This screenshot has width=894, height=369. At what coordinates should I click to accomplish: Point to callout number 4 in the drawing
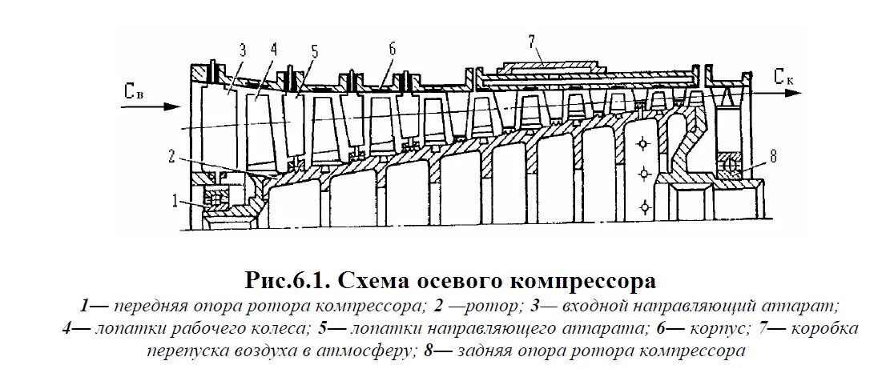click(274, 48)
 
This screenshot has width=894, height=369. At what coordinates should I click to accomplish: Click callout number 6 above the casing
click(392, 47)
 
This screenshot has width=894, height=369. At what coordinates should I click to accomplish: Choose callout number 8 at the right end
click(774, 157)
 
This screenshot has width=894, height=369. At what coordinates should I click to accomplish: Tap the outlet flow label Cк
click(784, 77)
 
